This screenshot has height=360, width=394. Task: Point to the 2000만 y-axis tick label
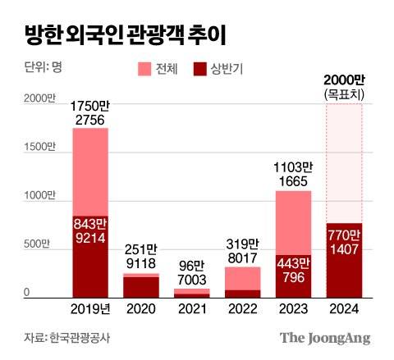click(x=39, y=98)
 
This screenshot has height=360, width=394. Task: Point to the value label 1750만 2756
click(x=90, y=114)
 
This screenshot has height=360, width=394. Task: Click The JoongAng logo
click(x=325, y=337)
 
